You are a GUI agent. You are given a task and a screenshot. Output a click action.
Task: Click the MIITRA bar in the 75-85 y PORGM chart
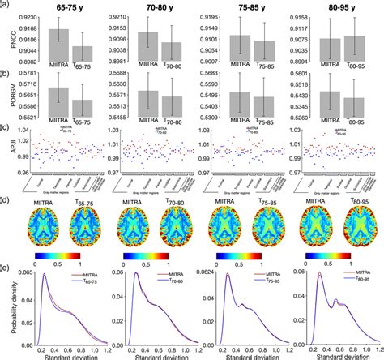click(x=240, y=105)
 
